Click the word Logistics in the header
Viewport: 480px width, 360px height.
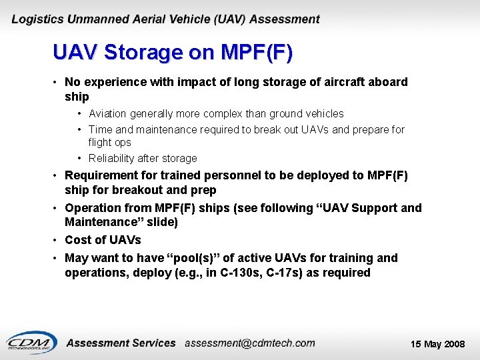[x=37, y=19]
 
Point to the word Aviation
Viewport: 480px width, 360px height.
[x=110, y=114]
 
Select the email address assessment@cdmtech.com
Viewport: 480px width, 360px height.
[x=249, y=343]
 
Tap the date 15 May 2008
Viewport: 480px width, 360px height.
[x=438, y=345]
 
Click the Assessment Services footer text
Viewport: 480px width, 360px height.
[x=121, y=343]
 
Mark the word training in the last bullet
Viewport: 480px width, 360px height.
[x=351, y=258]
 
